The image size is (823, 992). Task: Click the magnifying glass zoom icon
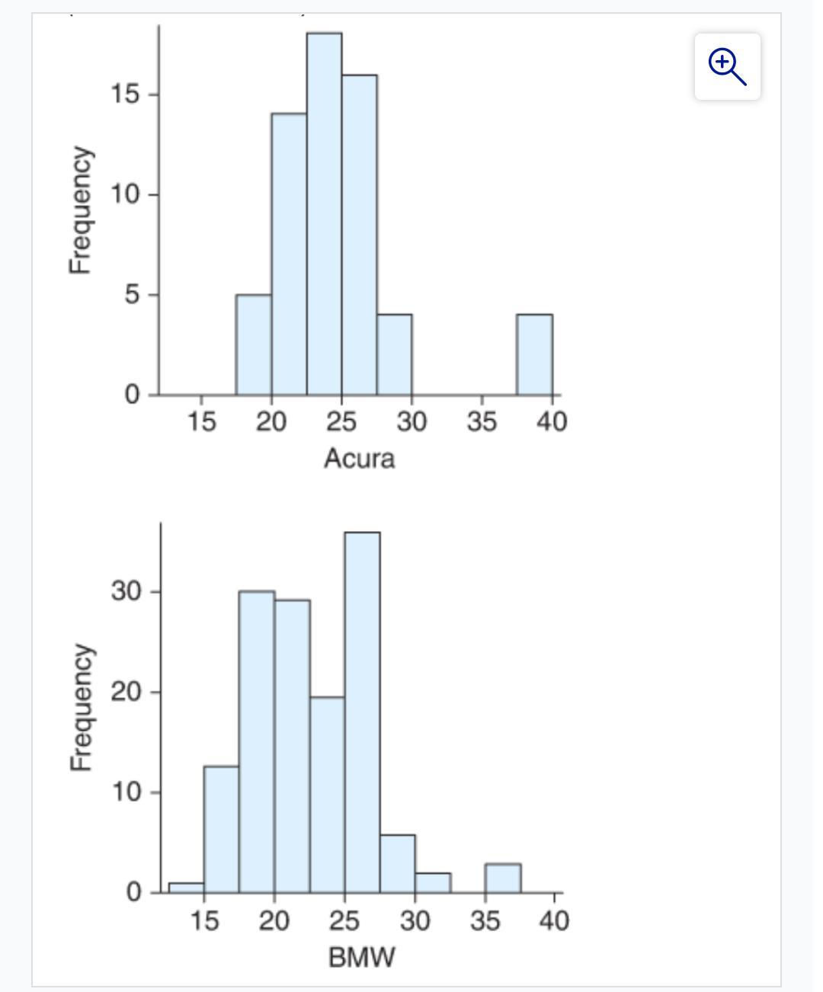tap(727, 66)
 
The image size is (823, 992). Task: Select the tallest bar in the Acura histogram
tap(324, 213)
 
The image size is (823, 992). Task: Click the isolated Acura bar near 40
tap(534, 354)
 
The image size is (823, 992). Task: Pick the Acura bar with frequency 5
tap(253, 344)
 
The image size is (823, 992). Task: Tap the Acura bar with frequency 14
tap(289, 254)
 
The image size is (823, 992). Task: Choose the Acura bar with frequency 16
tap(359, 235)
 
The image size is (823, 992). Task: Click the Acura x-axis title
tap(359, 459)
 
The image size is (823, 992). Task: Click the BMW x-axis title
tap(361, 957)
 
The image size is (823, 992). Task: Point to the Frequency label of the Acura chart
tap(81, 210)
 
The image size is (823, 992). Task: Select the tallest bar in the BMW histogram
tap(362, 712)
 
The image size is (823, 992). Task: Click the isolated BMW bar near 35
tap(503, 878)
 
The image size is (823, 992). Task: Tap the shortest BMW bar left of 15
tap(186, 887)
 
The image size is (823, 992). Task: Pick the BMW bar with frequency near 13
tap(221, 829)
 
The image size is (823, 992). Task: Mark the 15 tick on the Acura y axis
tap(125, 94)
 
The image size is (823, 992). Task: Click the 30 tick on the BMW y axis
tap(125, 591)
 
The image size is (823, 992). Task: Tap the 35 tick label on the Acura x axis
tap(482, 421)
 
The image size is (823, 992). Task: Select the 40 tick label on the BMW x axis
tap(554, 921)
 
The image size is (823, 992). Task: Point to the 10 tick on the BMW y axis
tap(125, 792)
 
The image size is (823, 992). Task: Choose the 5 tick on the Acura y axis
tap(133, 294)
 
